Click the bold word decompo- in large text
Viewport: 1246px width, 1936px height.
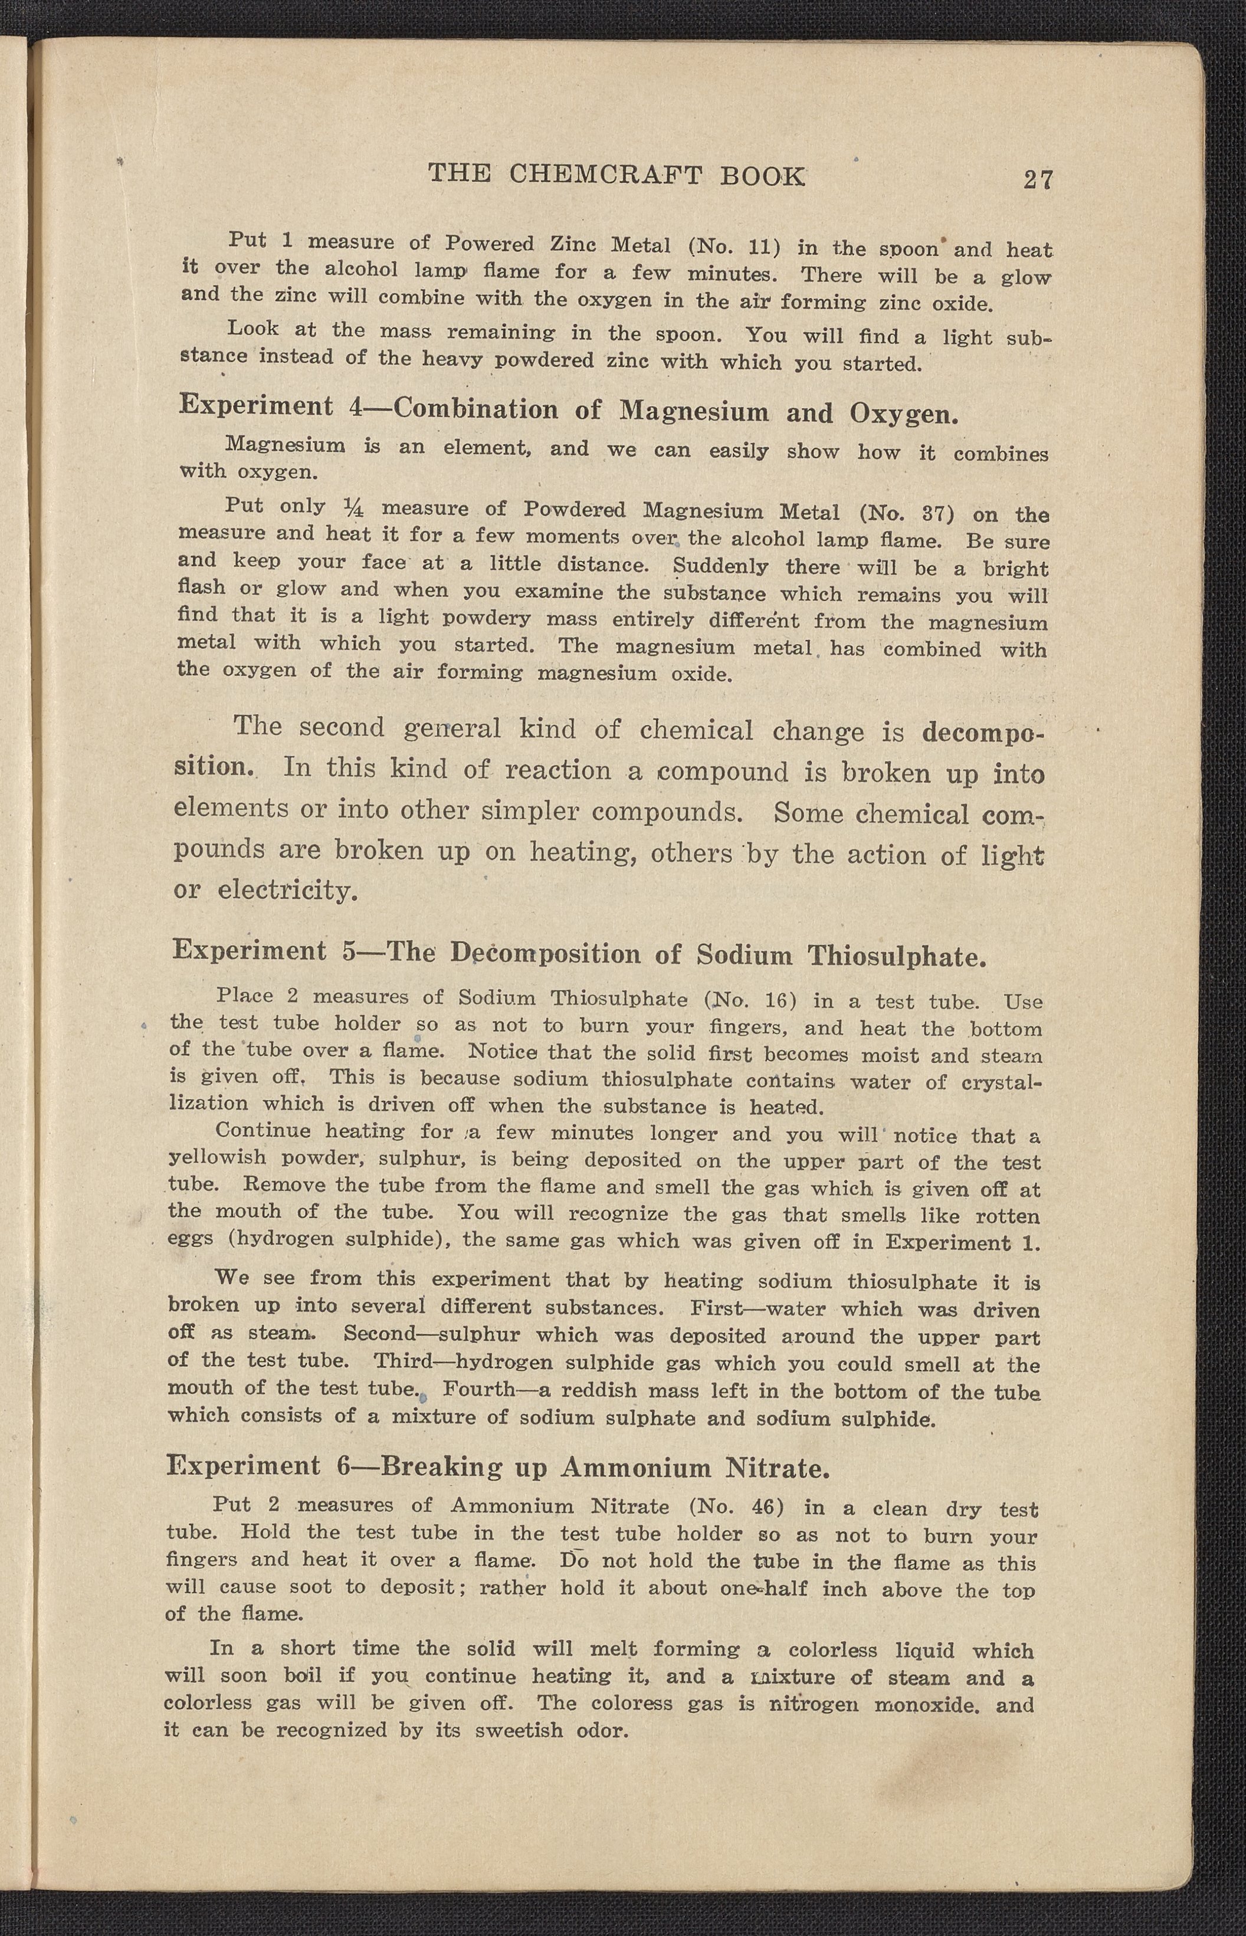coord(982,734)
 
